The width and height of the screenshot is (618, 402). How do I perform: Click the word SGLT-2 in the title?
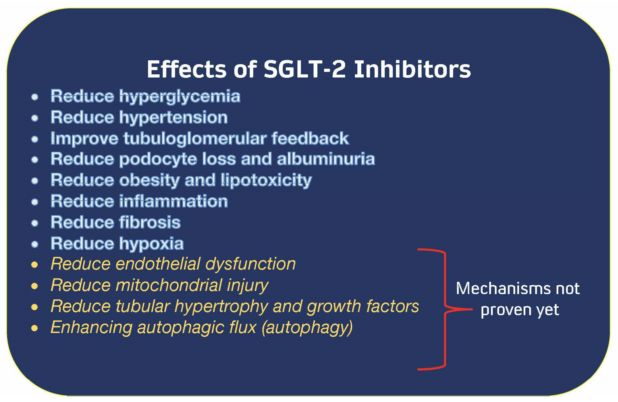tap(304, 69)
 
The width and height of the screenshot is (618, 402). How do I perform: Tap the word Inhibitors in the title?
tap(412, 69)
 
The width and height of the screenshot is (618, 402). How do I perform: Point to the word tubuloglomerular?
tap(195, 138)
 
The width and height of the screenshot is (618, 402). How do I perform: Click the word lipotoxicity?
tap(266, 181)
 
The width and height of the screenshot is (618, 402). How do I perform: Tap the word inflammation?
tap(174, 201)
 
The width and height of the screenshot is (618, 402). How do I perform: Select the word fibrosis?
tap(150, 222)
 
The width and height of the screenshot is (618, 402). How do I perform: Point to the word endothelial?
tap(158, 264)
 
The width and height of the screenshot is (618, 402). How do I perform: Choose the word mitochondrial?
tap(169, 285)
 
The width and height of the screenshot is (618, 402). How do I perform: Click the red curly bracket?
tap(446, 309)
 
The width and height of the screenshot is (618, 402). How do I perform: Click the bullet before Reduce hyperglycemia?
tap(35, 97)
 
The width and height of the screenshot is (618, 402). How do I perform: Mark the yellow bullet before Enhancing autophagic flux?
tap(35, 328)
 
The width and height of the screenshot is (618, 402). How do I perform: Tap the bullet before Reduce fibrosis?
tap(35, 223)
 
